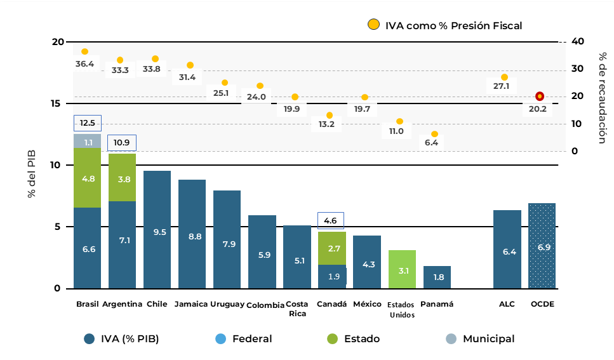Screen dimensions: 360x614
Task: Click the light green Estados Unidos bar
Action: (x=402, y=269)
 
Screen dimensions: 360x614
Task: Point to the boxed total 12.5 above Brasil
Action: (x=88, y=123)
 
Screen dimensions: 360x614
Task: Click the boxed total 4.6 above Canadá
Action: (x=331, y=221)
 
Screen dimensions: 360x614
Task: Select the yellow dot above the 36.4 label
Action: (x=84, y=51)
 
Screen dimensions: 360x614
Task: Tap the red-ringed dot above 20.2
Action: (x=540, y=97)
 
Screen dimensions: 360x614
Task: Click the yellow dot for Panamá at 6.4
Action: (x=435, y=134)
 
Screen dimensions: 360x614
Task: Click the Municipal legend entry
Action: (x=480, y=339)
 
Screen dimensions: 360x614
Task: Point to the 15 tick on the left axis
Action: (x=58, y=103)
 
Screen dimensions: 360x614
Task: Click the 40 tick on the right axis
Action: (x=577, y=41)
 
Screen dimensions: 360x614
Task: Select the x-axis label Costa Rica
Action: (x=298, y=309)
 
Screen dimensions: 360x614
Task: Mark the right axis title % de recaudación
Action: (x=603, y=98)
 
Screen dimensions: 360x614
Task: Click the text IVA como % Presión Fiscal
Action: (x=453, y=25)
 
